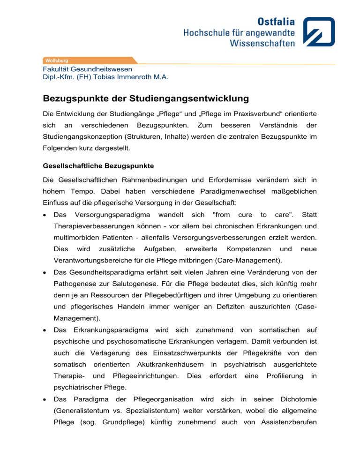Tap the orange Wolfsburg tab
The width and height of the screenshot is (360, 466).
coord(56,60)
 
